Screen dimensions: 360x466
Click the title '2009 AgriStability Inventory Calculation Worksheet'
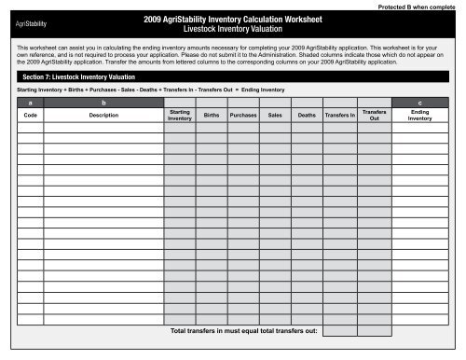[x=233, y=18]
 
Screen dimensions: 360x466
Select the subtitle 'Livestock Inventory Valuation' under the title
[x=233, y=29]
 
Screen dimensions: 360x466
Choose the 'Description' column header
[x=103, y=116]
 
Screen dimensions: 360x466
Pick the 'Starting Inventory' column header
[x=180, y=116]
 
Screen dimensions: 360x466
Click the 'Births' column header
[x=212, y=116]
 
